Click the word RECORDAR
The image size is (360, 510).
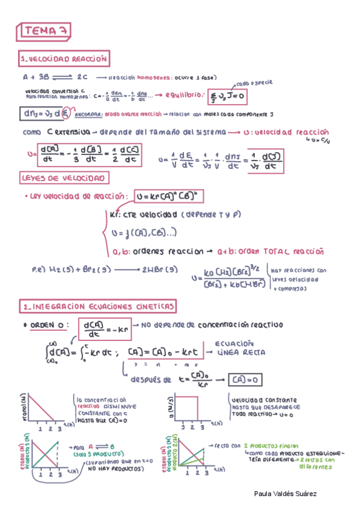89,113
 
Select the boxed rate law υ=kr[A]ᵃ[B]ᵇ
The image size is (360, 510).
171,196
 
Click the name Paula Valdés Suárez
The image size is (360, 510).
285,493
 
